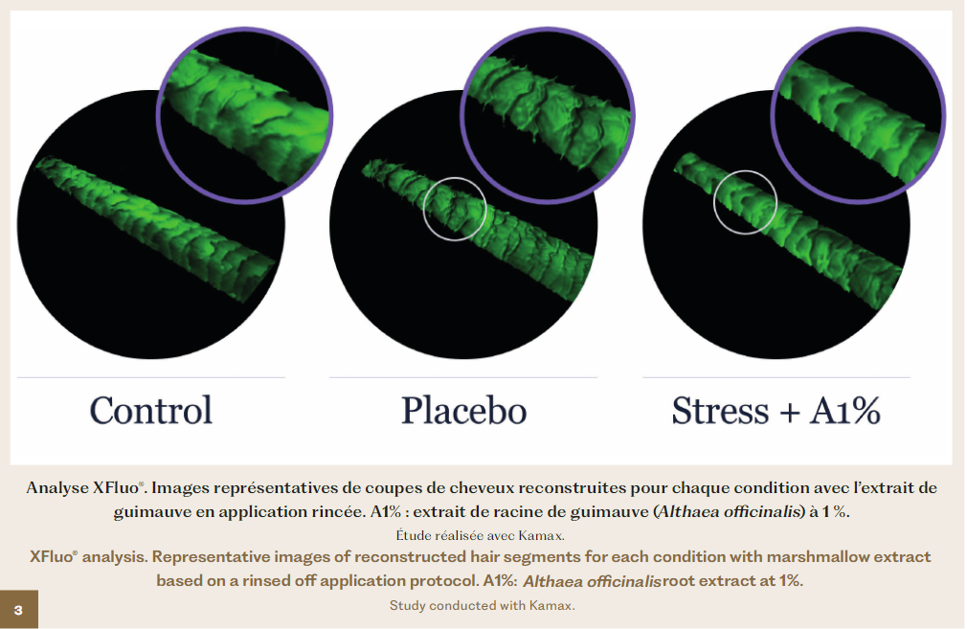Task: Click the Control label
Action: tap(151, 411)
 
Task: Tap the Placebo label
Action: tap(463, 411)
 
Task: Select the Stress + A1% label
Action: tap(776, 411)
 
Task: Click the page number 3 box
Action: tap(18, 609)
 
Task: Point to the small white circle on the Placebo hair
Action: tap(455, 178)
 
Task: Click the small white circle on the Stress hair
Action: tap(745, 170)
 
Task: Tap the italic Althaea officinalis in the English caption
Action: tap(592, 581)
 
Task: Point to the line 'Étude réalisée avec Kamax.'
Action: tap(480, 535)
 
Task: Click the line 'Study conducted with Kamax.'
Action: tap(483, 606)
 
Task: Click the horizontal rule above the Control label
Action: tap(151, 377)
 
